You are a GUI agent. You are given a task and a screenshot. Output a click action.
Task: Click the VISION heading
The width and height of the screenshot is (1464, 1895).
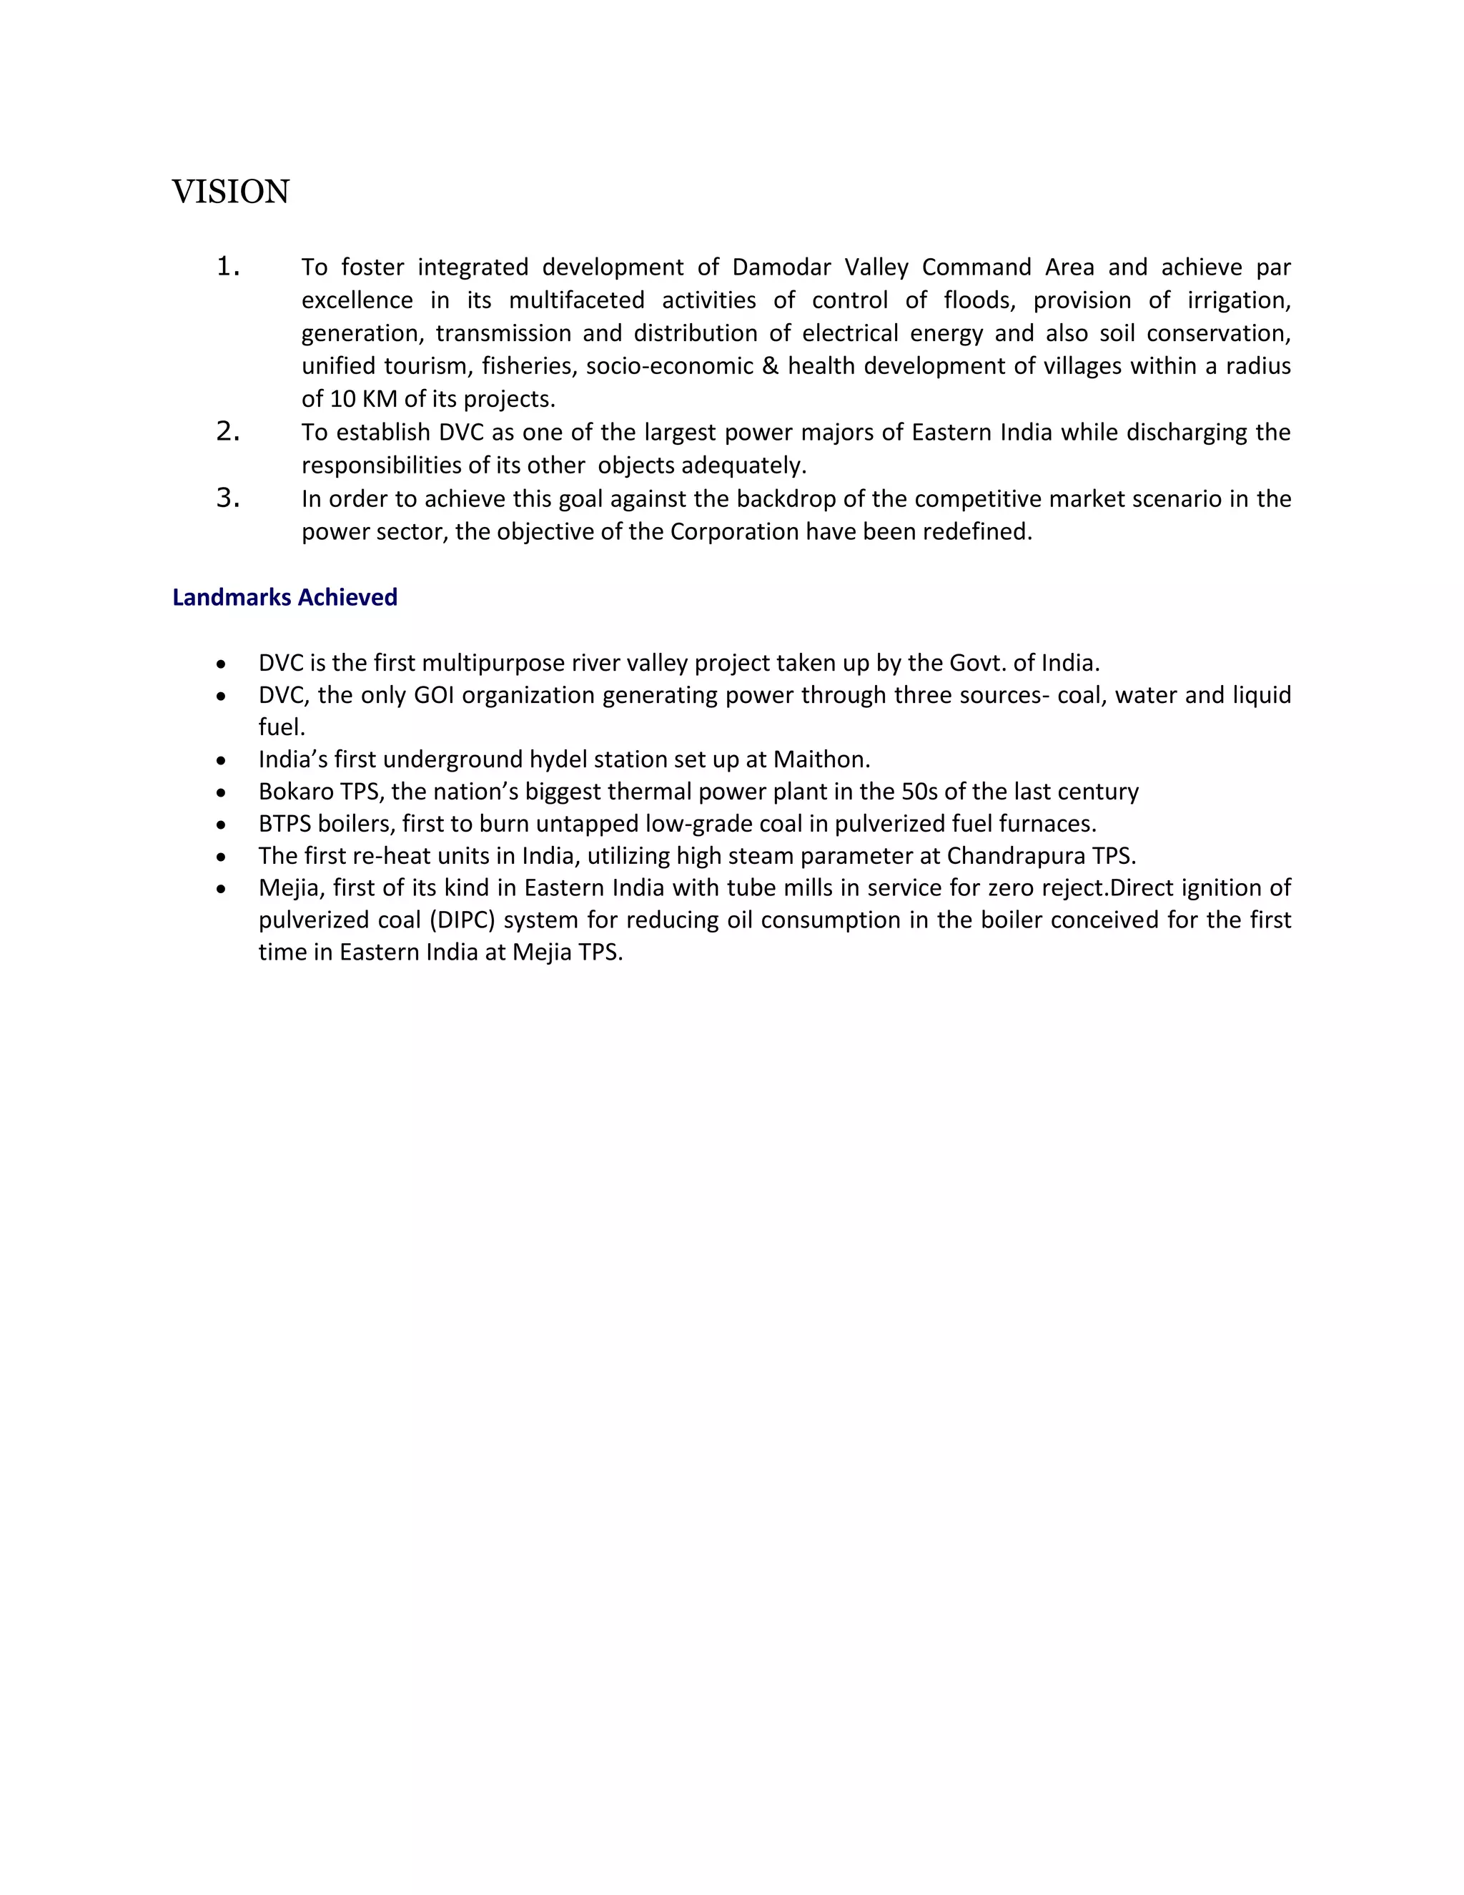pyautogui.click(x=231, y=192)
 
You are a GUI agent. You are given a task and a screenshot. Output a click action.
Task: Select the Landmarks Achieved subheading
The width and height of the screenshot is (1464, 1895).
pyautogui.click(x=285, y=598)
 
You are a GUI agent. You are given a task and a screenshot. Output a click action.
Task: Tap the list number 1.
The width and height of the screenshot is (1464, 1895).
pyautogui.click(x=227, y=267)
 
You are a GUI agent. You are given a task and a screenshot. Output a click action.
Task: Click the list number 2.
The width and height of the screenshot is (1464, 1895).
pyautogui.click(x=227, y=431)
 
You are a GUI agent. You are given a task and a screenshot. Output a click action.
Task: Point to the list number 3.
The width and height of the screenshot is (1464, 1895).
pyautogui.click(x=227, y=498)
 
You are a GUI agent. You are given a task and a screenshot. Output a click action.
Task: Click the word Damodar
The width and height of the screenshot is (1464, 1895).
pyautogui.click(x=781, y=267)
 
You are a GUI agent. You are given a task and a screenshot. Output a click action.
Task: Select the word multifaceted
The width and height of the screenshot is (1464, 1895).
pyautogui.click(x=576, y=300)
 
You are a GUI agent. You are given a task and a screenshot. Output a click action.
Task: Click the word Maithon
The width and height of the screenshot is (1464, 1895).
pyautogui.click(x=821, y=759)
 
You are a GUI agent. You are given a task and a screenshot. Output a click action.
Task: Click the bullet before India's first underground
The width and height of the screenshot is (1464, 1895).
pyautogui.click(x=223, y=761)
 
